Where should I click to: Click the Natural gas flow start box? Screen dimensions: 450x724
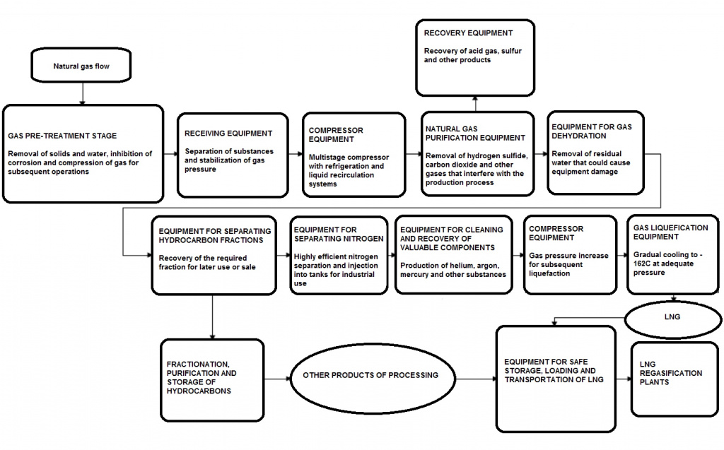pos(81,67)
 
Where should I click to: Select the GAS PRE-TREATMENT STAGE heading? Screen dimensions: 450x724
pos(62,135)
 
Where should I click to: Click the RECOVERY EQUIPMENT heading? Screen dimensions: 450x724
pos(468,33)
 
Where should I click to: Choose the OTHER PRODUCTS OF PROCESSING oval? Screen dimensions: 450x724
pos(370,375)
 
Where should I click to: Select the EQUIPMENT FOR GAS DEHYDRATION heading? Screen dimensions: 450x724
pos(590,131)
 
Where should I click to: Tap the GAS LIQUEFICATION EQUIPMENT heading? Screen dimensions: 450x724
pos(668,233)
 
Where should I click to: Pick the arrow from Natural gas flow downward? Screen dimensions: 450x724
pos(83,93)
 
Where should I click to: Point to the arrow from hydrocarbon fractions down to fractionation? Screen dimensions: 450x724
pos(213,317)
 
